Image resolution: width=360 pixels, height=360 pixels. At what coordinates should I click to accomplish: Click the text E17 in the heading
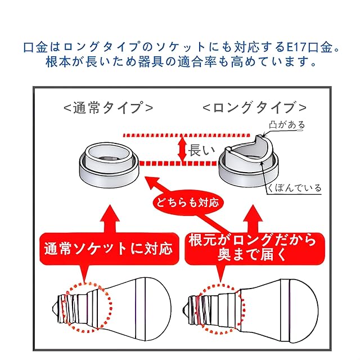(297, 47)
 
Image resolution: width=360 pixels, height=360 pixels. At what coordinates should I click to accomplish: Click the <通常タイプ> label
(108, 108)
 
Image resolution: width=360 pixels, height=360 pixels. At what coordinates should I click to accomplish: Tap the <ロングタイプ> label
(255, 107)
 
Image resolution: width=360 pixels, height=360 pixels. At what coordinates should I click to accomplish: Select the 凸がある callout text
(287, 125)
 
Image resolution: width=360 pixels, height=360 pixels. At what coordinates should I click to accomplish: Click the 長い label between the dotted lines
(201, 150)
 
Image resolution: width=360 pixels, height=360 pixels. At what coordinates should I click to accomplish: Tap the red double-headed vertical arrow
(182, 149)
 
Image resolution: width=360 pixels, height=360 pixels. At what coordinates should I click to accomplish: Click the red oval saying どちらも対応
(188, 203)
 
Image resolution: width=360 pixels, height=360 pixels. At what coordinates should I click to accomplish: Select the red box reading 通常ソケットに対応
(109, 249)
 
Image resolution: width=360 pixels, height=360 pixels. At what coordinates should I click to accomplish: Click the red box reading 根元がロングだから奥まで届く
(255, 249)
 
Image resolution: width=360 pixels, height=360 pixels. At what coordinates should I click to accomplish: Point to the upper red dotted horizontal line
(186, 135)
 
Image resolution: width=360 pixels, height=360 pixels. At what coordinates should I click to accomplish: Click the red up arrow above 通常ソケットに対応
(110, 219)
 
